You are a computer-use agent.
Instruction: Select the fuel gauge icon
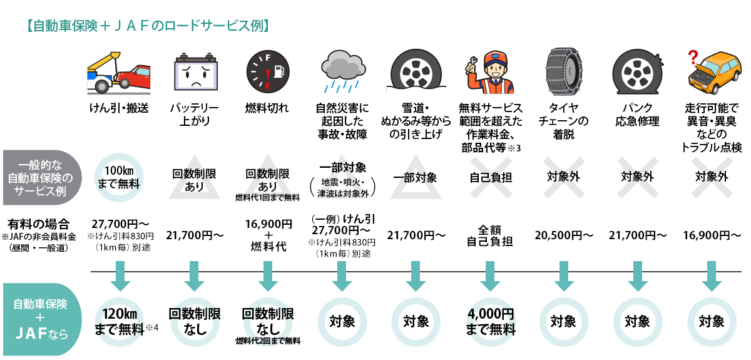tap(267, 72)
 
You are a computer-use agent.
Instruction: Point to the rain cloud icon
tap(342, 70)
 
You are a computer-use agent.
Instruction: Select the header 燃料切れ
tap(267, 108)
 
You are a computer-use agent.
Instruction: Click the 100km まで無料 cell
tap(118, 177)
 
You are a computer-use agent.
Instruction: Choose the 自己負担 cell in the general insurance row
tap(490, 177)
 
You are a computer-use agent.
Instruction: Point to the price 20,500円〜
tap(564, 235)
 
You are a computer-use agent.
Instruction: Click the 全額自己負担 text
tap(490, 235)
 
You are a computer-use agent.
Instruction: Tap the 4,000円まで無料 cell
tap(490, 321)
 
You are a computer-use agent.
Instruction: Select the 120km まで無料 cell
tap(120, 321)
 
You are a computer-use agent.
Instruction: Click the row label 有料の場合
tap(39, 224)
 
